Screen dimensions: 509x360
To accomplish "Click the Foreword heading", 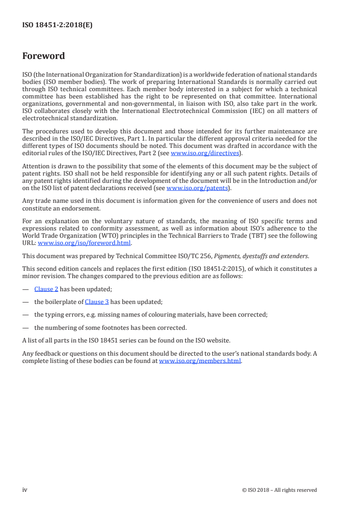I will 44,56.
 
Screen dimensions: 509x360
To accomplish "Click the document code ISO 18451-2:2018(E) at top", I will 57,25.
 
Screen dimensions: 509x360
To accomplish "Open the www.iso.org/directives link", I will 205,153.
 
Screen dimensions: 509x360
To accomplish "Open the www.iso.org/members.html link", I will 200,361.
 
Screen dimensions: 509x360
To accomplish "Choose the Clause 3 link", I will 97,302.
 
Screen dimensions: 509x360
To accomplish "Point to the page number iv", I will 25,489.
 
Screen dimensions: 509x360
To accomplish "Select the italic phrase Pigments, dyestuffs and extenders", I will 258,256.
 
